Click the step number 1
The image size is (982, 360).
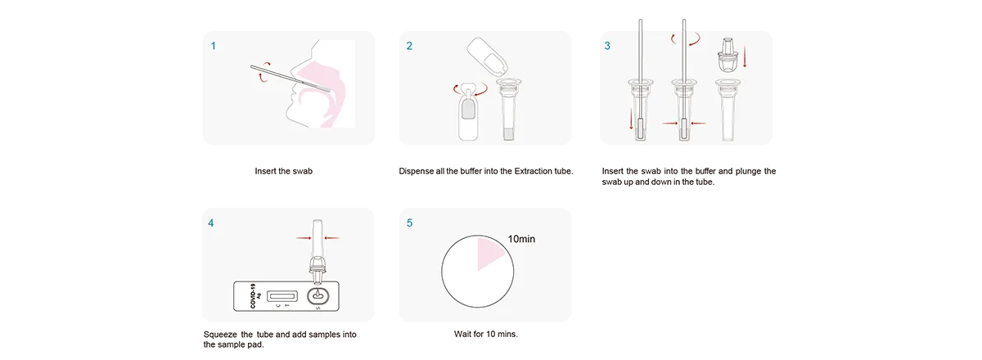pyautogui.click(x=214, y=46)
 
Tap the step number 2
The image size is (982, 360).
pyautogui.click(x=409, y=46)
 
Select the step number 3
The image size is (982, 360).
pyautogui.click(x=607, y=46)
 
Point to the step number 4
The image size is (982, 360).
pyautogui.click(x=211, y=223)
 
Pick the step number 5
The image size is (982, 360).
pyautogui.click(x=409, y=223)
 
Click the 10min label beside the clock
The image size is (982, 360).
pyautogui.click(x=521, y=239)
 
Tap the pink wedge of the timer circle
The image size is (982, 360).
pyautogui.click(x=489, y=253)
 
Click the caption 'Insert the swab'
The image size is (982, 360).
pyautogui.click(x=284, y=171)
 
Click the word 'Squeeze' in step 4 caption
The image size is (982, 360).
pyautogui.click(x=220, y=334)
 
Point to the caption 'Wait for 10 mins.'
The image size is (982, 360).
pyautogui.click(x=486, y=334)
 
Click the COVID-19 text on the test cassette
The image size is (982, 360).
pyautogui.click(x=253, y=295)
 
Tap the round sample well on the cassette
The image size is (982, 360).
pyautogui.click(x=318, y=296)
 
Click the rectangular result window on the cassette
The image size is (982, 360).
pyautogui.click(x=282, y=296)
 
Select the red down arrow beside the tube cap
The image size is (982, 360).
pyautogui.click(x=745, y=57)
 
